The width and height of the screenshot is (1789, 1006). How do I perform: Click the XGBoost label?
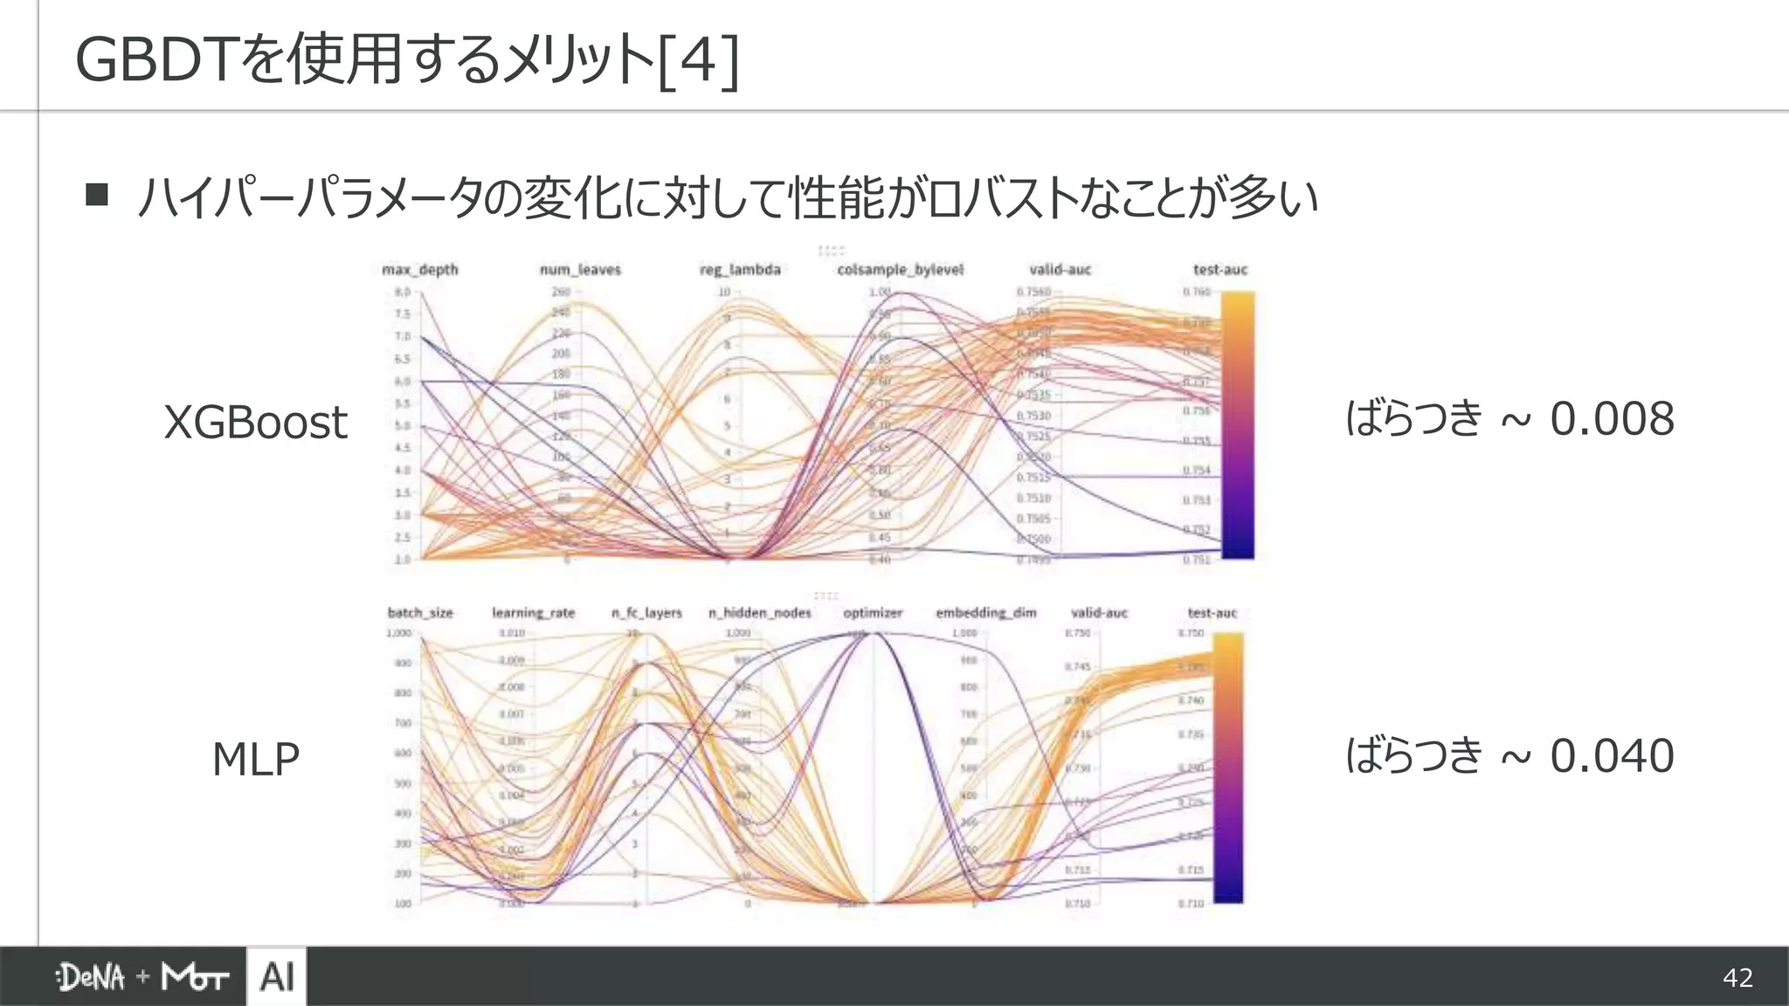click(x=255, y=423)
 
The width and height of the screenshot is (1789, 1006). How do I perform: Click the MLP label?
click(x=255, y=759)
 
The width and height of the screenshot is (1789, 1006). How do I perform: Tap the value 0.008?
click(x=1612, y=418)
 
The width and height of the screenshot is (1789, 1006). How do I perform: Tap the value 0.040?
click(x=1612, y=755)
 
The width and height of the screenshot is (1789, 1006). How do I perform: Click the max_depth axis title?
click(x=419, y=270)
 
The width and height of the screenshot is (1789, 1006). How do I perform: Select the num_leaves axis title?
click(x=580, y=270)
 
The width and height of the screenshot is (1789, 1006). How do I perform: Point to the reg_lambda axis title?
click(x=740, y=270)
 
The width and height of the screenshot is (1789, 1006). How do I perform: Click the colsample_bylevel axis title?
click(x=900, y=270)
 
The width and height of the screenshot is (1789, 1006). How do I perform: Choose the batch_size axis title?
click(x=420, y=613)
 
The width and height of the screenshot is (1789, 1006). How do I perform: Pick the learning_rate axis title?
click(x=533, y=613)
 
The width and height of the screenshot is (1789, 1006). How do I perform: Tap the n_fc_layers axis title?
click(x=646, y=613)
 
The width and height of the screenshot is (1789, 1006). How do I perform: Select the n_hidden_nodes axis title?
click(x=759, y=613)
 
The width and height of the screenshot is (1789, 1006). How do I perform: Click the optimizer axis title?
click(x=872, y=613)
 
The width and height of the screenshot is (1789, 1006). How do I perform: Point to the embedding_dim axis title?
click(x=985, y=613)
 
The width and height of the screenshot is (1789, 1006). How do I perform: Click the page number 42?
click(x=1737, y=977)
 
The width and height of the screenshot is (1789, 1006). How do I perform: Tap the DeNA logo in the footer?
click(x=91, y=977)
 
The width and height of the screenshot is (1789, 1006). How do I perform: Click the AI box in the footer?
click(x=276, y=976)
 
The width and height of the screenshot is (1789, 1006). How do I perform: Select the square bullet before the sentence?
click(x=97, y=194)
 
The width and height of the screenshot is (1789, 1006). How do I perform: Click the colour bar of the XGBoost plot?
click(x=1237, y=425)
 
